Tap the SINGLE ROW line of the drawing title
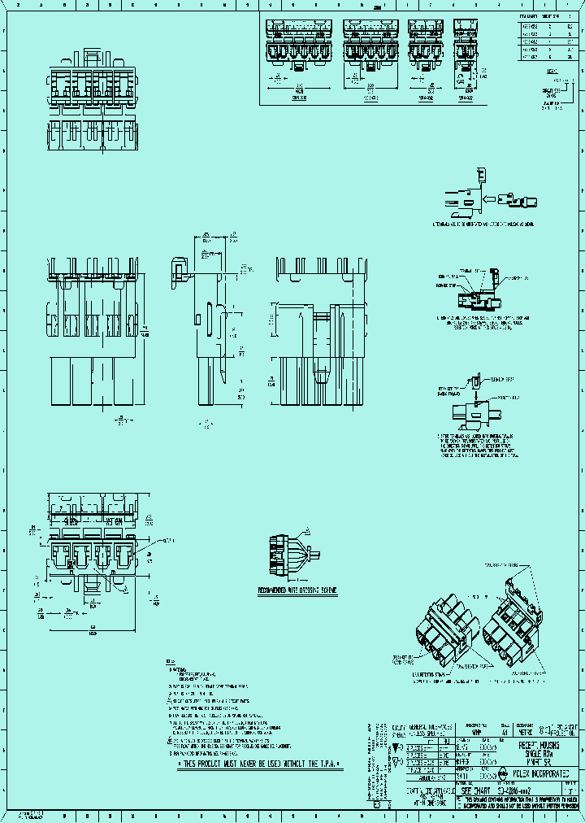coord(536,752)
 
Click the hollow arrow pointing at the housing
coord(492,198)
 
